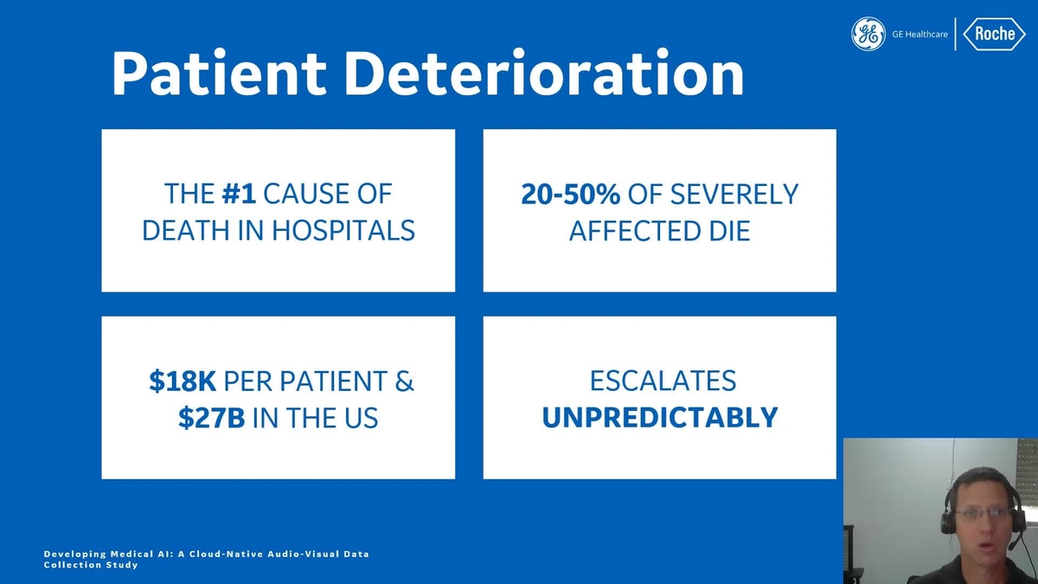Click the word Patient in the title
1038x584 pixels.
coord(219,74)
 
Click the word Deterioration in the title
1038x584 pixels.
coord(544,74)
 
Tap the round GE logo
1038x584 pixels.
coord(868,34)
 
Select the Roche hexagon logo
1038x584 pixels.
coord(995,34)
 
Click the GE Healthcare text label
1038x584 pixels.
coord(919,35)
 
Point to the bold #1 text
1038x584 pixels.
coord(239,194)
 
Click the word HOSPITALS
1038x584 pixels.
coord(343,230)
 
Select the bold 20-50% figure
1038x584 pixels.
coord(570,194)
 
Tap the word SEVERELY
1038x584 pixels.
coord(734,194)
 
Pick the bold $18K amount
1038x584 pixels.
coord(183,381)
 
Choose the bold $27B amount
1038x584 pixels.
coord(212,418)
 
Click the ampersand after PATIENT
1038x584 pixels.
coord(405,381)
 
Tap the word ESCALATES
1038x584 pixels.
coord(663,381)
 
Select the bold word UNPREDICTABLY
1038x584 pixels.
coord(660,418)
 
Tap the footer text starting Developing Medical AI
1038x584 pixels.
coord(206,560)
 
